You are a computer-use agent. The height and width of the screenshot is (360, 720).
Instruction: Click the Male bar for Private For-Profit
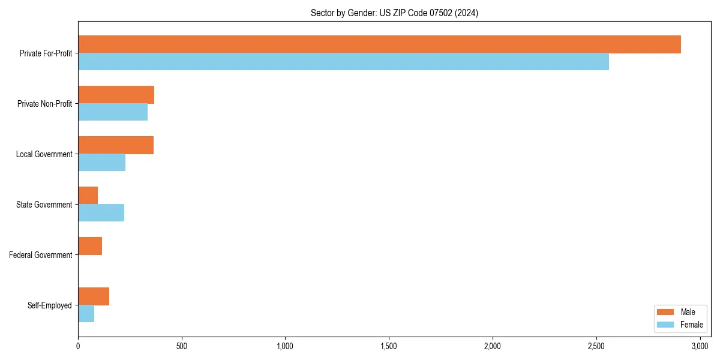tap(379, 44)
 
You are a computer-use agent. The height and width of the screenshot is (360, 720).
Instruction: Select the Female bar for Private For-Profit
tap(343, 62)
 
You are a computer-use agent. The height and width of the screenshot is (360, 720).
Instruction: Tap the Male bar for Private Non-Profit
tap(116, 95)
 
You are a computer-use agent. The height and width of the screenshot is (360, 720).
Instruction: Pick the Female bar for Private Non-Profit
tap(113, 112)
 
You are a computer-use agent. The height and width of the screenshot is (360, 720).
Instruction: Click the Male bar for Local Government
tap(116, 145)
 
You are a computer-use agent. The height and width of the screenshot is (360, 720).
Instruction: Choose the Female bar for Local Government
tap(101, 163)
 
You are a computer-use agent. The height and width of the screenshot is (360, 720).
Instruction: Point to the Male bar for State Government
tap(88, 196)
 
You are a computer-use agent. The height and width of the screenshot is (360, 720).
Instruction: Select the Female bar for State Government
tap(101, 213)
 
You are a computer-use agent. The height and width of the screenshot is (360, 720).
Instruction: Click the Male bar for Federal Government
tap(90, 246)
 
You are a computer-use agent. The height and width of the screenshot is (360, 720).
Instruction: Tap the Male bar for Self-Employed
tap(94, 296)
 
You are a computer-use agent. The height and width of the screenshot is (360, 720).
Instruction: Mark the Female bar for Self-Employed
tap(86, 314)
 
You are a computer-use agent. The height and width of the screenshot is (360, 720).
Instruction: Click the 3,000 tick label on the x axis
tap(700, 346)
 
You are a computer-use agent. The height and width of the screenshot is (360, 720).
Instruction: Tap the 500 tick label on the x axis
tap(182, 346)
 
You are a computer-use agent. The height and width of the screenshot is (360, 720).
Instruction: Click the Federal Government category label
tap(41, 255)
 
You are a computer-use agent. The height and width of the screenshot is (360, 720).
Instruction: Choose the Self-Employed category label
tap(50, 305)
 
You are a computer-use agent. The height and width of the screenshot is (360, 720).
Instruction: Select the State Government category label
tap(44, 205)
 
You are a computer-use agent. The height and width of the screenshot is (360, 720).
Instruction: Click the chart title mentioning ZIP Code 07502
tap(394, 13)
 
